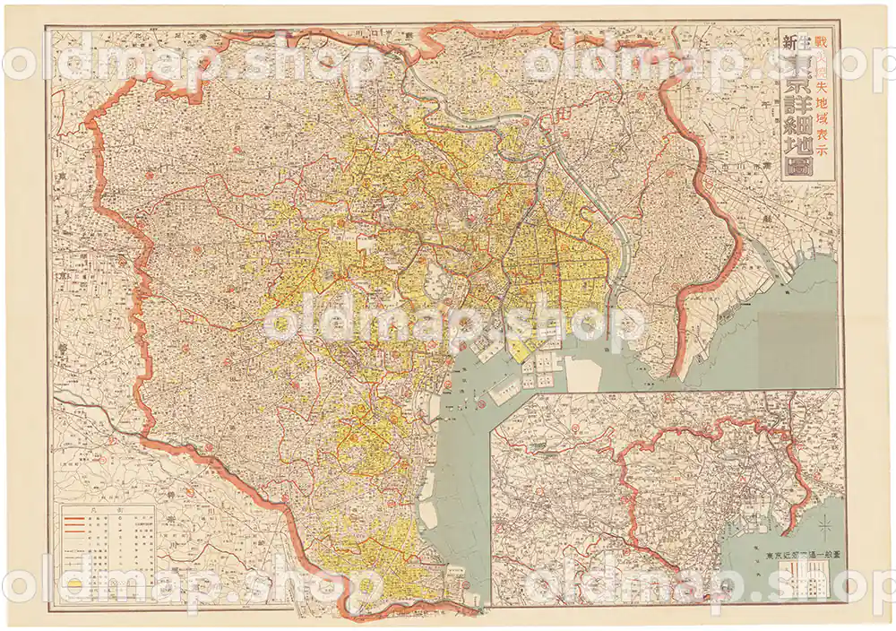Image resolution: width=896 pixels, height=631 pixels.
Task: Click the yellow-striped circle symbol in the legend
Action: [79, 587]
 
